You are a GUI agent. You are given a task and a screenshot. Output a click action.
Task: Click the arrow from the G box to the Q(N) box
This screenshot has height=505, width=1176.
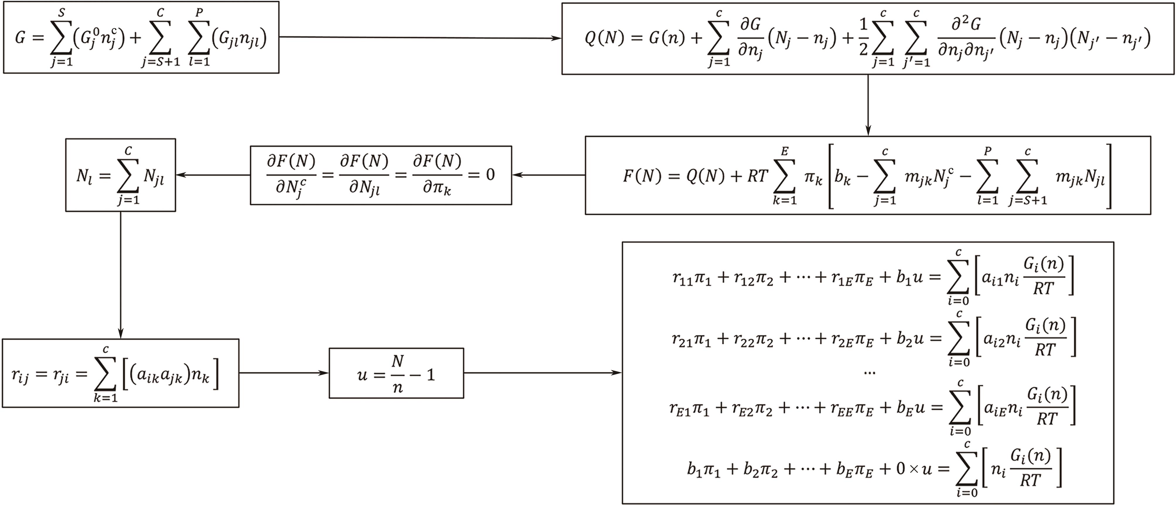click(420, 37)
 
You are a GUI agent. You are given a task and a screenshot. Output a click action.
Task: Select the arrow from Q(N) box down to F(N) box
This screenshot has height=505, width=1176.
click(868, 105)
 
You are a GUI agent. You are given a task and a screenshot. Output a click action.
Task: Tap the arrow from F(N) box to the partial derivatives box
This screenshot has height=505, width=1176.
click(548, 175)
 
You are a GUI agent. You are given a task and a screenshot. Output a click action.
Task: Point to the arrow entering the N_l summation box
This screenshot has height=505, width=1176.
click(213, 175)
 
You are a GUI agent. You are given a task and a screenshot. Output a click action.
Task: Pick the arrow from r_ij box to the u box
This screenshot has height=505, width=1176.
click(283, 373)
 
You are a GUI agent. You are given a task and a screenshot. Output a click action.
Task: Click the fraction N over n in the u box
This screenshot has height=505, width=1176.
click(398, 375)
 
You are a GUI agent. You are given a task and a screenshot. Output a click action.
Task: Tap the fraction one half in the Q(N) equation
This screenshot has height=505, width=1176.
click(863, 37)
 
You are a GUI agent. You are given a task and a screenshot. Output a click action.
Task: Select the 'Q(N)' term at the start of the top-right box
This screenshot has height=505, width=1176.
click(604, 38)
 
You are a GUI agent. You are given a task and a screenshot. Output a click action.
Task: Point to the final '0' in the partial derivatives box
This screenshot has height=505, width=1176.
click(490, 174)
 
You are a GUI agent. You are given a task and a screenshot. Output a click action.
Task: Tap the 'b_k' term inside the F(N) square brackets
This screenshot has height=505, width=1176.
click(843, 177)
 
